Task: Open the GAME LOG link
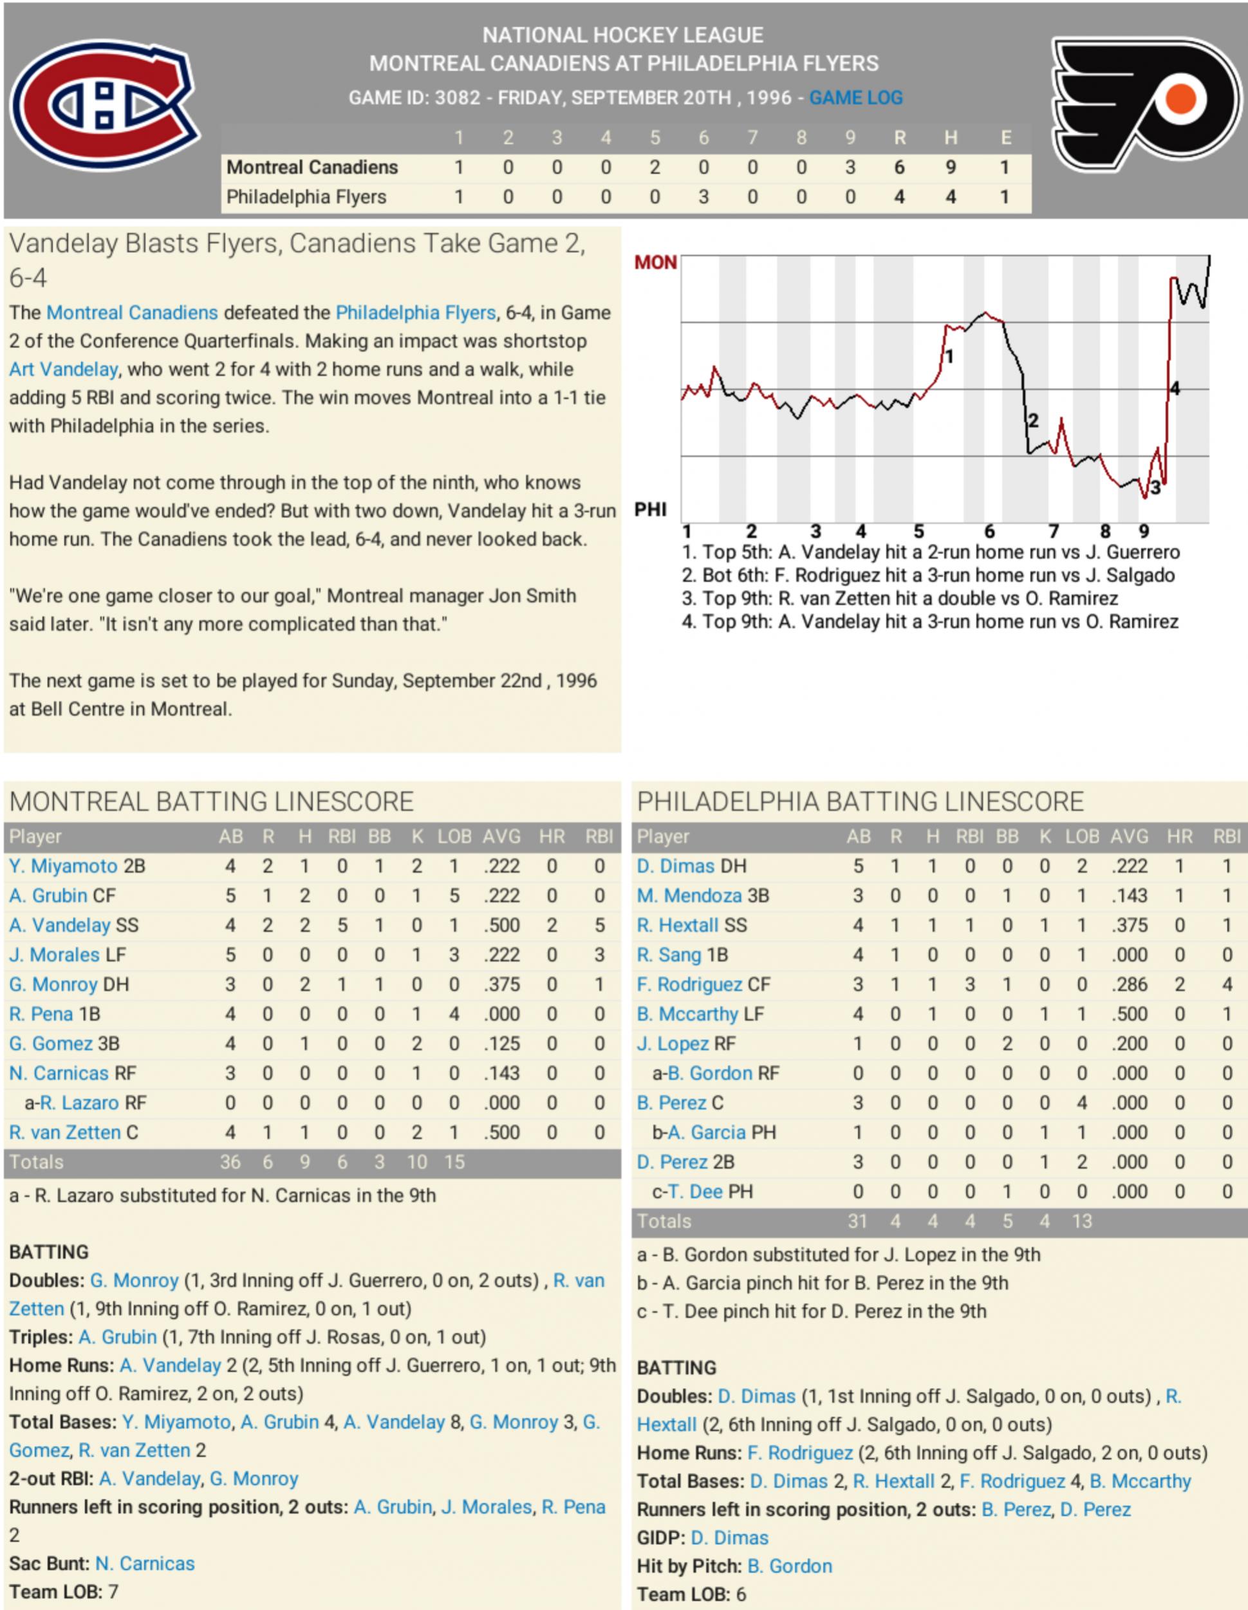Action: tap(855, 97)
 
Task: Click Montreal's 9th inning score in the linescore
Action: tap(850, 167)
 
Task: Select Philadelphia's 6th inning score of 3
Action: tap(703, 197)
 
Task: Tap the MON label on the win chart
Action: tap(655, 263)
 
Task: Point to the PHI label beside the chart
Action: tap(650, 509)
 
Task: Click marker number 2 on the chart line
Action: tap(1033, 420)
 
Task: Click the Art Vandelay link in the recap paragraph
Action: tap(63, 370)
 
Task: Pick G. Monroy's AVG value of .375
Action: tap(501, 984)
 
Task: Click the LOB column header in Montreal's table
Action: tap(454, 837)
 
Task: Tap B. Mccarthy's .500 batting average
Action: tap(1128, 1014)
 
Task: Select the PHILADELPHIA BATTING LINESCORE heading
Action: tap(861, 801)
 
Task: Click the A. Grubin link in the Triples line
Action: tap(118, 1337)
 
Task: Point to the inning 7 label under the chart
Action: tap(1054, 531)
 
